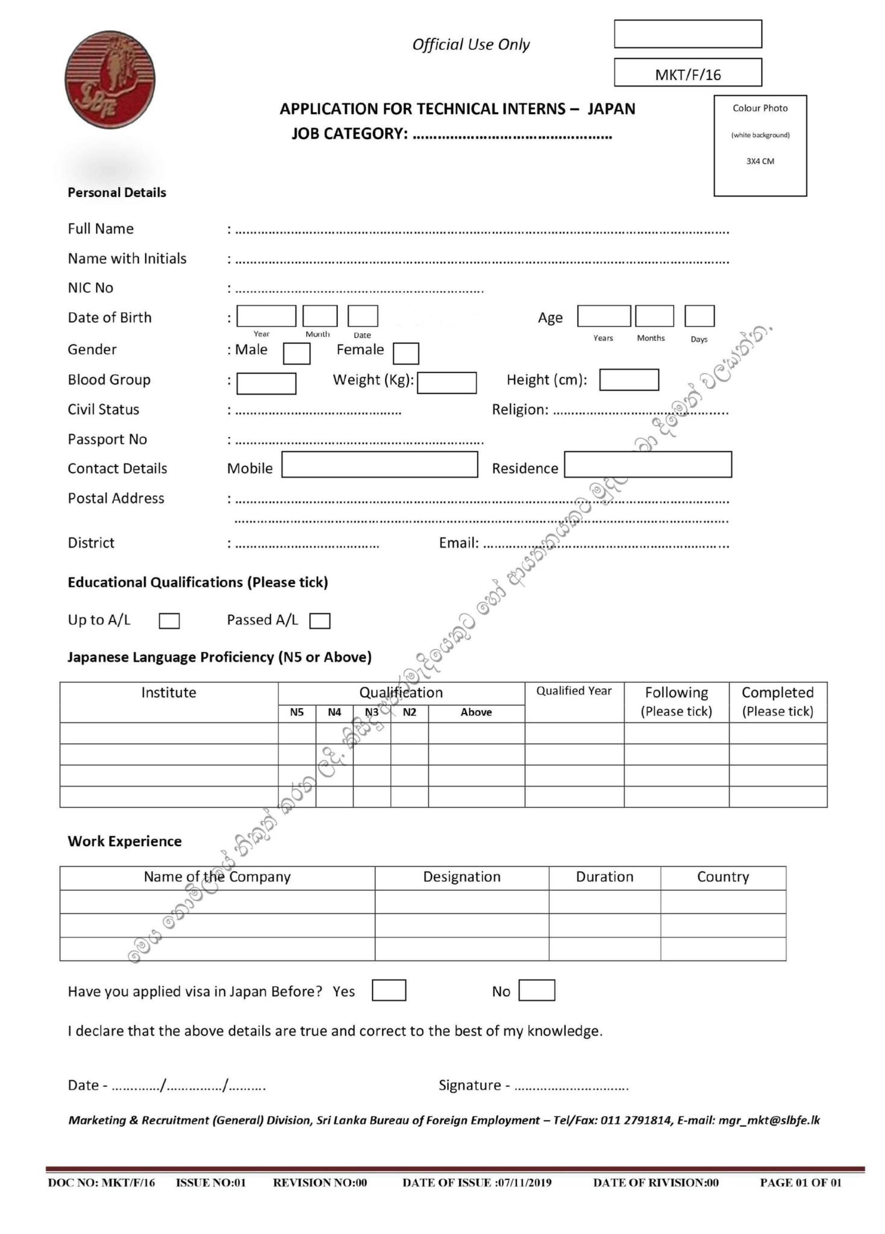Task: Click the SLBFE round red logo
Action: coord(110,80)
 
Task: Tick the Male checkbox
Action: coord(296,353)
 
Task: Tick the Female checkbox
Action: coord(405,353)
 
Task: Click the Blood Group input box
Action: coord(266,383)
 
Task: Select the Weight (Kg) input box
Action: coord(446,383)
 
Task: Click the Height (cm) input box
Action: coord(628,380)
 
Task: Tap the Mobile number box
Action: coord(380,465)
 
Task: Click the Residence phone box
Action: coord(648,465)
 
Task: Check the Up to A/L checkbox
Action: coord(169,621)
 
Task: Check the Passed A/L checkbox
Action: coord(319,621)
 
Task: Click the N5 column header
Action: coord(296,712)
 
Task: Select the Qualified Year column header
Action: coord(574,691)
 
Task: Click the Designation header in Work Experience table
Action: coord(461,877)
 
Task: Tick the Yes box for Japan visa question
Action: coord(389,991)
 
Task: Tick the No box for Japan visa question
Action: coord(536,991)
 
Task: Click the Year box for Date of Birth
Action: coord(266,316)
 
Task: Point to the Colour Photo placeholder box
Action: coord(760,146)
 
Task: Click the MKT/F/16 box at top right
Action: coord(687,73)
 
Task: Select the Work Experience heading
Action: coord(125,841)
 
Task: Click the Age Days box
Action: coord(699,316)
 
